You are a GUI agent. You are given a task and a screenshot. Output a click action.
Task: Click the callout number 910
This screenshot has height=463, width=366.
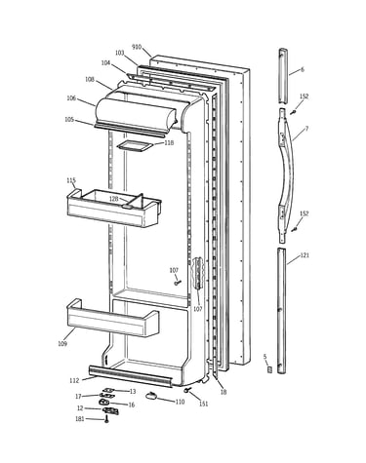pyautogui.click(x=137, y=47)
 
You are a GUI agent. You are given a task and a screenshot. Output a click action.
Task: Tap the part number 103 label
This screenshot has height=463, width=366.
pyautogui.click(x=120, y=53)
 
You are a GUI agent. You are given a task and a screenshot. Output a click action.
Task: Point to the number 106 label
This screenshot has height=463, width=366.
pyautogui.click(x=71, y=98)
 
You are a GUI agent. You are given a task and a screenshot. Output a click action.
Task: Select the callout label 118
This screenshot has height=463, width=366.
pyautogui.click(x=169, y=142)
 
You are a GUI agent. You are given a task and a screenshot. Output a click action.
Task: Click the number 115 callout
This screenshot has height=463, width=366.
pyautogui.click(x=71, y=180)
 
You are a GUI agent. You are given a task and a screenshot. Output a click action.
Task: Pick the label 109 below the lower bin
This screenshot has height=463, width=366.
pyautogui.click(x=62, y=344)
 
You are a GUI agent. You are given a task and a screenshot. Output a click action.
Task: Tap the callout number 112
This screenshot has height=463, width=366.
pyautogui.click(x=74, y=380)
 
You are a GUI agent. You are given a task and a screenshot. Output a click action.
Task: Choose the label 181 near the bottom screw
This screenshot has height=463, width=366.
pyautogui.click(x=80, y=419)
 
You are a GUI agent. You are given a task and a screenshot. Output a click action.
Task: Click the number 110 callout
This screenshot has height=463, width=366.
pyautogui.click(x=180, y=402)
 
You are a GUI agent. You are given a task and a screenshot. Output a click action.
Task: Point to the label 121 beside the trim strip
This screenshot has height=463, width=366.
pyautogui.click(x=305, y=255)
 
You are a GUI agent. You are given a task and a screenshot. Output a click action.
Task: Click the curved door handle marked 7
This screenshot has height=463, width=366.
pyautogui.click(x=287, y=175)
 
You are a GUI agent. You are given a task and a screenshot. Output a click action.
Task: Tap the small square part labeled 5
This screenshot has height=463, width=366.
pyautogui.click(x=269, y=369)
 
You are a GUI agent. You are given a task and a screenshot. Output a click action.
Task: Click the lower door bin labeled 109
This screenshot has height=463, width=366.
pyautogui.click(x=112, y=319)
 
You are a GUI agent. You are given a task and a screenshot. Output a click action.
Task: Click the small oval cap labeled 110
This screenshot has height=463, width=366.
pyautogui.click(x=151, y=396)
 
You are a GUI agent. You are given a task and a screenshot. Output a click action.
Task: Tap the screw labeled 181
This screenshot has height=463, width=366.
pyautogui.click(x=106, y=420)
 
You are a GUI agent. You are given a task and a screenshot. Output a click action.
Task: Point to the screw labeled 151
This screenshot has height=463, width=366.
pyautogui.click(x=187, y=390)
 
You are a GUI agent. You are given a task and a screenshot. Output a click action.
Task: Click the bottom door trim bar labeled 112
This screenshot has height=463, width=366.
pyautogui.click(x=130, y=376)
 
